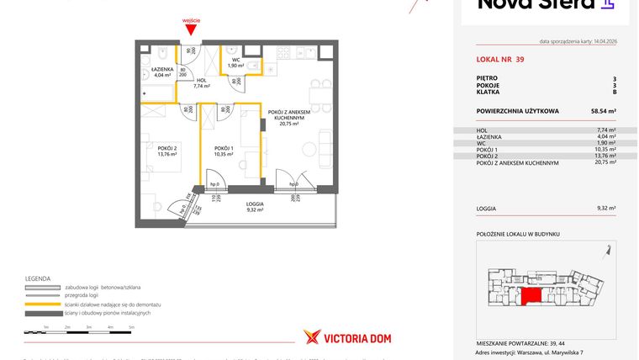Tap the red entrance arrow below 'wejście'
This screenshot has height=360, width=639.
click(191, 31)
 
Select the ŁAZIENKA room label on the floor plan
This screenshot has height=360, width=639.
click(162, 71)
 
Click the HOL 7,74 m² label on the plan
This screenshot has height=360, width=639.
click(201, 82)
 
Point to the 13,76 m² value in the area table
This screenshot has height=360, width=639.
click(605, 156)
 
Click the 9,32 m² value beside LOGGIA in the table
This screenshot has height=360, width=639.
click(605, 208)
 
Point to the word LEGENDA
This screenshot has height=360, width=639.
click(38, 278)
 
